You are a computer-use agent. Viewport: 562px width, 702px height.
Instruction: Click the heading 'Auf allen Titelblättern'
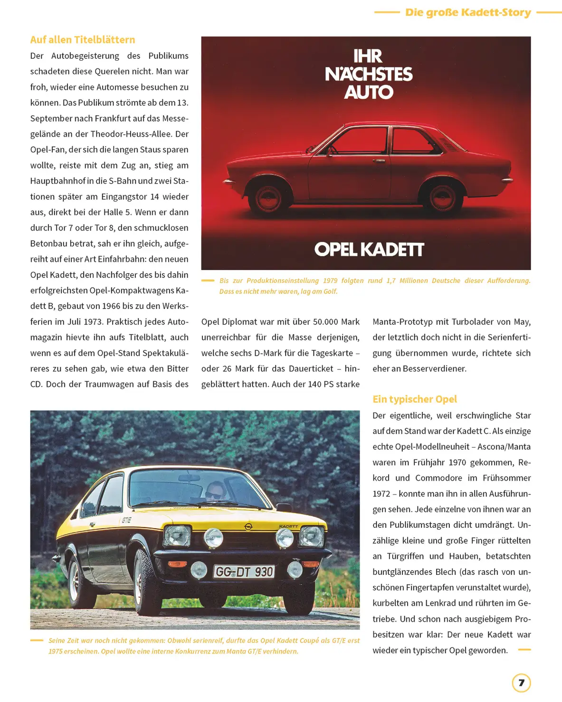click(x=83, y=40)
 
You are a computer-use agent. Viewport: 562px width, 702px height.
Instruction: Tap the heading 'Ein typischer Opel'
click(x=414, y=399)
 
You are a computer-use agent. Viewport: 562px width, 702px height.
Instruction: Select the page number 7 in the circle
click(x=521, y=683)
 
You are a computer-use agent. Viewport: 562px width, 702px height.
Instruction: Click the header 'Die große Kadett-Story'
click(x=467, y=13)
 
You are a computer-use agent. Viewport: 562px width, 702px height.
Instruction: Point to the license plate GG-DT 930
click(x=244, y=571)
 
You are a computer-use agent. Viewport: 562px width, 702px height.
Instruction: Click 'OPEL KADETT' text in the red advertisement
click(x=369, y=250)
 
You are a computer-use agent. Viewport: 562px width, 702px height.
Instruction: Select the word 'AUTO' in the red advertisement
click(x=369, y=92)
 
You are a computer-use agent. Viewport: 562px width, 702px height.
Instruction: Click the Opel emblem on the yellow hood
click(x=248, y=527)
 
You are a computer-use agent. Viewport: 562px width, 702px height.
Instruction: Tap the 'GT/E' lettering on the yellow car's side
click(x=126, y=520)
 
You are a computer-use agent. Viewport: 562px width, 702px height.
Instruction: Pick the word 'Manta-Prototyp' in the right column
click(x=402, y=322)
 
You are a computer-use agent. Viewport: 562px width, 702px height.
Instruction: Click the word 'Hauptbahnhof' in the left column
click(x=58, y=181)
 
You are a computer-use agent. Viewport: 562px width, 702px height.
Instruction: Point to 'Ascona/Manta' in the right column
click(x=504, y=447)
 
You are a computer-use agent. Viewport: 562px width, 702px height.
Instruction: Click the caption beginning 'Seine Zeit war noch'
click(x=204, y=646)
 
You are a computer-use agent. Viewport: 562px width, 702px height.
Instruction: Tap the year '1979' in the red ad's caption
click(x=330, y=281)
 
